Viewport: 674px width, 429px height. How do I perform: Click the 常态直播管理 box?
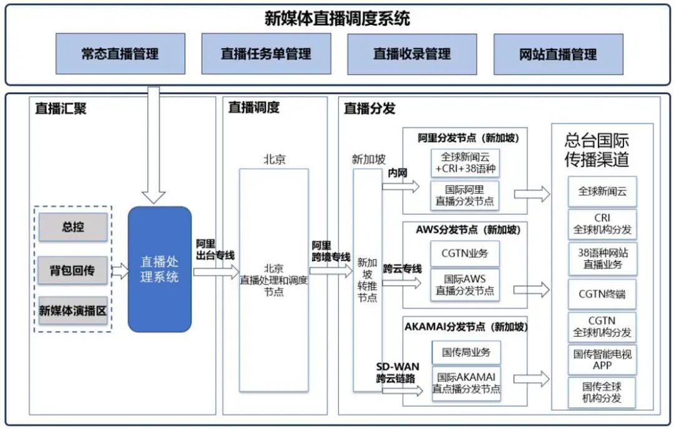[x=120, y=54]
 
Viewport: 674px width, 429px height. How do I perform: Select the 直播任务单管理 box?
[x=266, y=54]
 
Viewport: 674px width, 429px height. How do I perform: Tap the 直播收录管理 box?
[x=412, y=54]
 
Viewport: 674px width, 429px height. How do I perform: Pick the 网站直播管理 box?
[x=558, y=54]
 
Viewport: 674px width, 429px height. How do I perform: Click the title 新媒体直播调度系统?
[x=337, y=18]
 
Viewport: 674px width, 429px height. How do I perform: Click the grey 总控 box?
[x=73, y=227]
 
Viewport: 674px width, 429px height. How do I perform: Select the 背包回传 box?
[x=73, y=270]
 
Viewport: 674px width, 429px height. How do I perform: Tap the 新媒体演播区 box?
[x=73, y=310]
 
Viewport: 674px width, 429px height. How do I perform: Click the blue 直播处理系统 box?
[x=159, y=269]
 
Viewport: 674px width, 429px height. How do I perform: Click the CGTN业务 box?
[x=465, y=254]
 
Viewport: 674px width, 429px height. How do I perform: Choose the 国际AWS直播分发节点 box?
[x=465, y=284]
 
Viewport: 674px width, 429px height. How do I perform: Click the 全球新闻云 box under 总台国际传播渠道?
[x=602, y=192]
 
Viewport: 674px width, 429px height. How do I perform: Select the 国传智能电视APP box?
[x=602, y=359]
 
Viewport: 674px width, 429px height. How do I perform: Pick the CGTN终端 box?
[x=602, y=294]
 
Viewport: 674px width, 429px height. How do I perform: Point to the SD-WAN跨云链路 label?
[x=398, y=372]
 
